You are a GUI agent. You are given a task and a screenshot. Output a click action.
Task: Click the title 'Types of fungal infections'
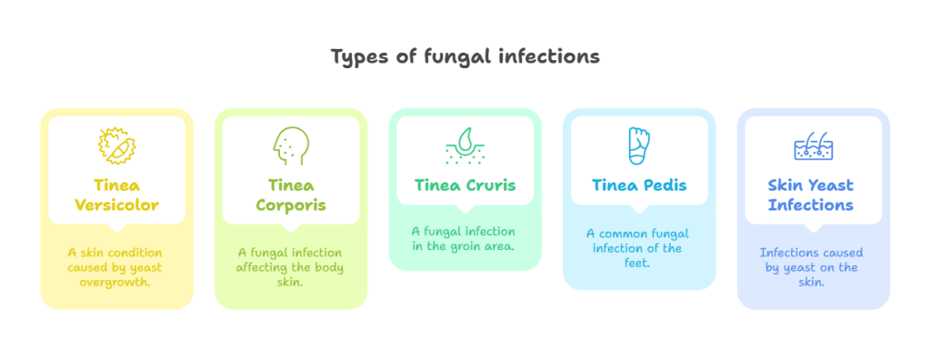[465, 56]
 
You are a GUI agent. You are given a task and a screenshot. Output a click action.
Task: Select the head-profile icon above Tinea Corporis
[290, 146]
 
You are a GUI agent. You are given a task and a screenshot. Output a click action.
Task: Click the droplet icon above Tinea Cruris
[465, 145]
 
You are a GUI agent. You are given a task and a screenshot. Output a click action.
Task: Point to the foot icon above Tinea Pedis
[639, 145]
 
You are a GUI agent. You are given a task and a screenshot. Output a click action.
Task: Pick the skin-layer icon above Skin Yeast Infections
[813, 146]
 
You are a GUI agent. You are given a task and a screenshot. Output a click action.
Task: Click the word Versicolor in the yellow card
[116, 205]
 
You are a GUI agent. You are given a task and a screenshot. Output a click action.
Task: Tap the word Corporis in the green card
[291, 205]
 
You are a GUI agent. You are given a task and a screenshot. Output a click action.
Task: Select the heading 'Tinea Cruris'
[465, 185]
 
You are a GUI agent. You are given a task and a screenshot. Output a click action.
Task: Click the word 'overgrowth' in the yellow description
[116, 282]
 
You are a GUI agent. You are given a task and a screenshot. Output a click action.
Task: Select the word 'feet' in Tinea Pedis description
[638, 263]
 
